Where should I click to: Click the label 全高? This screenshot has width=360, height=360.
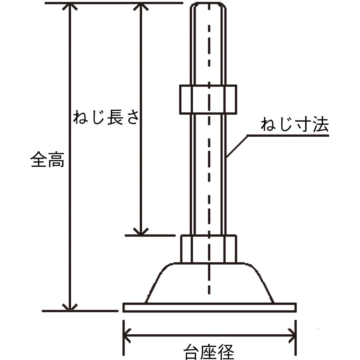tap(47, 159)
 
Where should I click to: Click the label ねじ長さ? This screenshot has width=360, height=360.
tap(106, 117)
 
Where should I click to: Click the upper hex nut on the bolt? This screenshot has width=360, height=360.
tap(208, 99)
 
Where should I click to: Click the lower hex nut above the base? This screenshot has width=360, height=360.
tap(208, 249)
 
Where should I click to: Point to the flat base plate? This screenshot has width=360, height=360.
tap(210, 307)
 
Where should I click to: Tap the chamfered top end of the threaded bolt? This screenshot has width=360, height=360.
tap(208, 5)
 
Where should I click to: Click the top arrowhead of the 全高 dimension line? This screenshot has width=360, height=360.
tap(70, 6)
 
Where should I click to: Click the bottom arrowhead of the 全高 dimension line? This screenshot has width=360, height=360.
tap(70, 307)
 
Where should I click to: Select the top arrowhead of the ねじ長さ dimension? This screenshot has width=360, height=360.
tap(141, 6)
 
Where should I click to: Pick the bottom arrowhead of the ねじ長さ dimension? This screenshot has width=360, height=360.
tap(141, 232)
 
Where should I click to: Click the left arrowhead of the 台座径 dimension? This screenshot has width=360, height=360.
tap(127, 336)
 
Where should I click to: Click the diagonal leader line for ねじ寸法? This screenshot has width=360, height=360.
tap(237, 147)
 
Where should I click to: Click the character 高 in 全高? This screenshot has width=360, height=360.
tap(56, 159)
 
